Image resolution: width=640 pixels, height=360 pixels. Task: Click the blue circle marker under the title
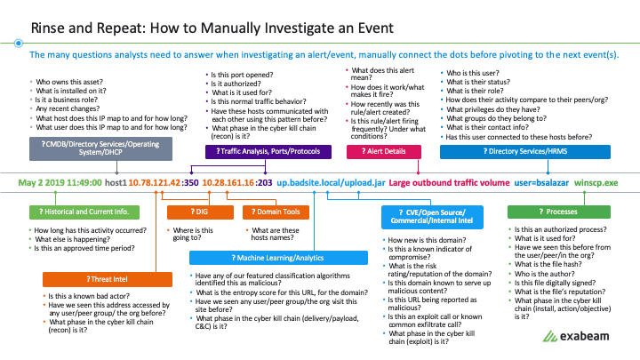[19, 43]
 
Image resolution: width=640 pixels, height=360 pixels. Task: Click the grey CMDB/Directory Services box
[100, 148]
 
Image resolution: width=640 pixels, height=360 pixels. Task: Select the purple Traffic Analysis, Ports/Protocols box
[268, 151]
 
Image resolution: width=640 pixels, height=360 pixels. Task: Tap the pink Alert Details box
[384, 151]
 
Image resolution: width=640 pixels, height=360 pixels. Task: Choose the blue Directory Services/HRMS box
[525, 151]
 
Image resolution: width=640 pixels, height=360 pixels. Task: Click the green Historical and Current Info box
[84, 212]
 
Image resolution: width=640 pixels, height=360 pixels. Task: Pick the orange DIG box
[200, 212]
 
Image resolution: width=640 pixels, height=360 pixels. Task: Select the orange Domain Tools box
[276, 212]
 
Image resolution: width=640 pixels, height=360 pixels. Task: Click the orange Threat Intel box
[108, 279]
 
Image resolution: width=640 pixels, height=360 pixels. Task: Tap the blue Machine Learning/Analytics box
[278, 258]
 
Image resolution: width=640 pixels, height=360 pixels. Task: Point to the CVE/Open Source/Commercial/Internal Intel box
[432, 217]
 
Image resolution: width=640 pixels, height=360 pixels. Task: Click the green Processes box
[559, 212]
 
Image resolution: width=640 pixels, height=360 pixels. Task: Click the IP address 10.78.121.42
[155, 182]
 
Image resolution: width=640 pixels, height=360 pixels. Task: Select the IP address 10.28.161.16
[228, 182]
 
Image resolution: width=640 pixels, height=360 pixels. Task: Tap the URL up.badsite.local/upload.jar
[331, 182]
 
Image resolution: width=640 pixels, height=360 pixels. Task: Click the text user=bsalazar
[541, 182]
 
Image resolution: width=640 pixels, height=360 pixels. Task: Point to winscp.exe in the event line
[596, 183]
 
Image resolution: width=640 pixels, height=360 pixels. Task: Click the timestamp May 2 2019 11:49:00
[60, 182]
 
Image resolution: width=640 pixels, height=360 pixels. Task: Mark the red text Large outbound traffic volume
[449, 182]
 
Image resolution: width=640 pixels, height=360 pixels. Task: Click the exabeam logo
[576, 336]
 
